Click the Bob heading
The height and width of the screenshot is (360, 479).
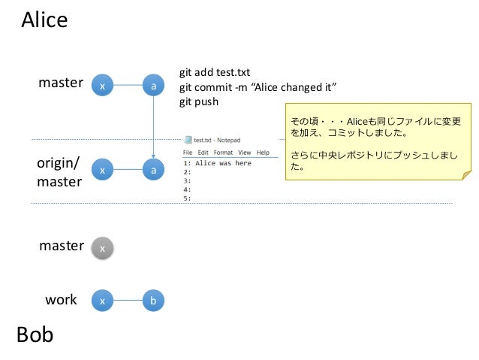pyautogui.click(x=35, y=334)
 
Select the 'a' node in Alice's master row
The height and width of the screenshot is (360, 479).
pyautogui.click(x=154, y=86)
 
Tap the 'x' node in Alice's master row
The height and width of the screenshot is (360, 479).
pyautogui.click(x=102, y=86)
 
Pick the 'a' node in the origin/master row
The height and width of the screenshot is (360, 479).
pyautogui.click(x=154, y=171)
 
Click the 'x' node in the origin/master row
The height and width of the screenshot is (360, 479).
pyautogui.click(x=102, y=171)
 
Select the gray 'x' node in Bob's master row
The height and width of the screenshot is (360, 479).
pyautogui.click(x=102, y=247)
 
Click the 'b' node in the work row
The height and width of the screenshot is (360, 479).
pyautogui.click(x=154, y=301)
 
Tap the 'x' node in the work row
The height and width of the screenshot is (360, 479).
pyautogui.click(x=102, y=301)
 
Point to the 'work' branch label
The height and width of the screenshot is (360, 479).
pyautogui.click(x=61, y=300)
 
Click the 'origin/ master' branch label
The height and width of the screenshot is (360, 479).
pyautogui.click(x=59, y=172)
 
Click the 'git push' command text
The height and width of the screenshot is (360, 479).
pyautogui.click(x=198, y=101)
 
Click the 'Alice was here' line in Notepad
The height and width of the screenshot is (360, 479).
pyautogui.click(x=222, y=163)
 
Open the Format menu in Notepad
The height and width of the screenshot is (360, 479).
pyautogui.click(x=224, y=153)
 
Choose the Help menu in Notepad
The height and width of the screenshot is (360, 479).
pyautogui.click(x=263, y=153)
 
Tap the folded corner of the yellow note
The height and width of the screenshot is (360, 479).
pyautogui.click(x=465, y=176)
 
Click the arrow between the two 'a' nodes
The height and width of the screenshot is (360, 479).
pyautogui.click(x=154, y=128)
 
